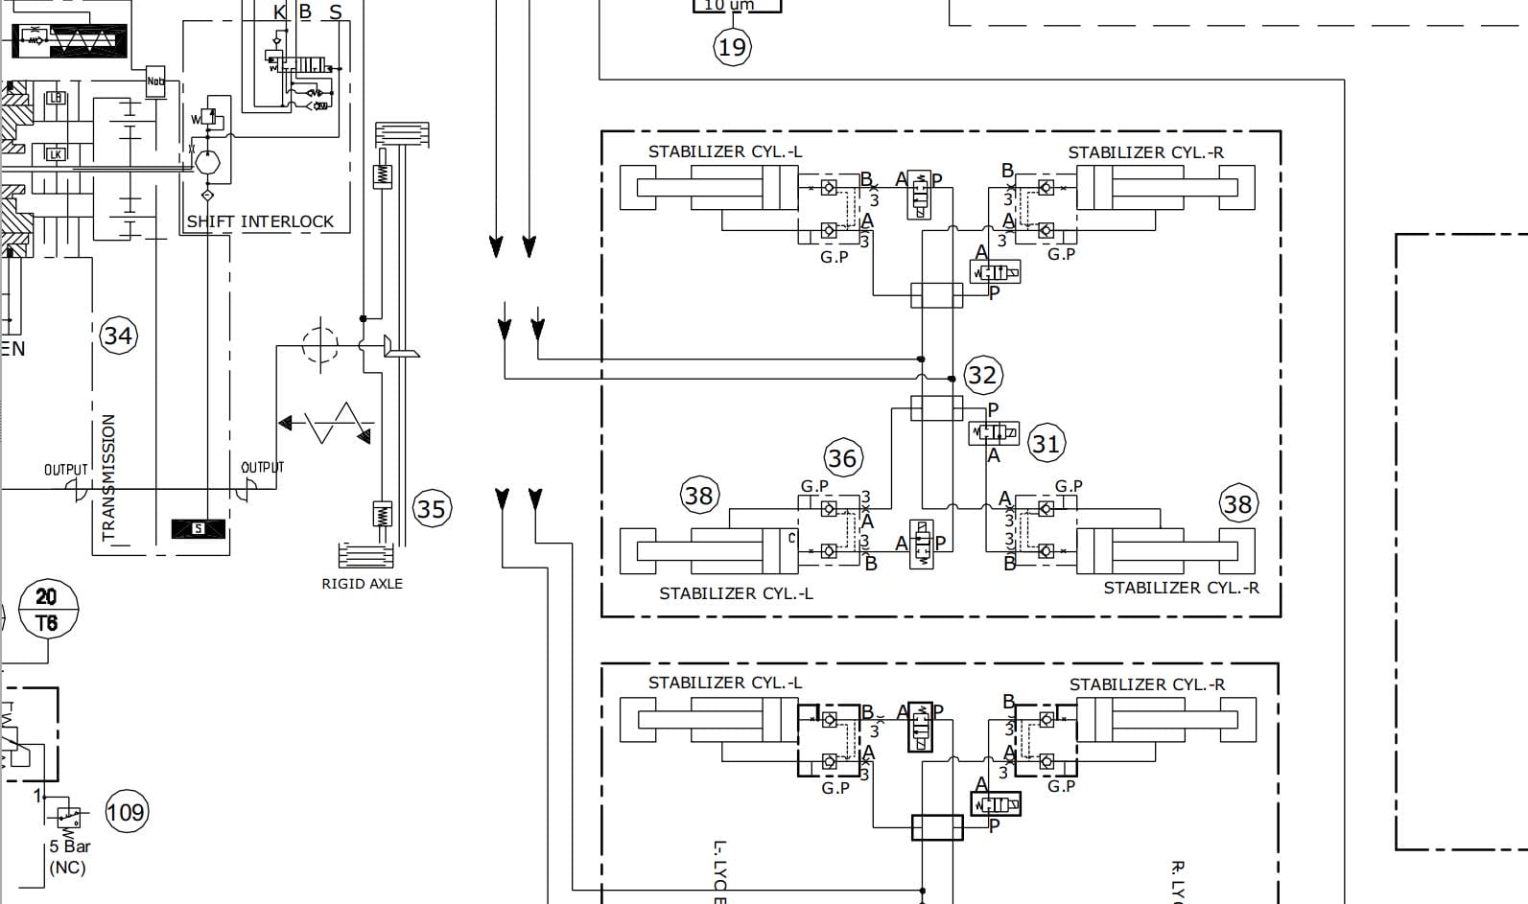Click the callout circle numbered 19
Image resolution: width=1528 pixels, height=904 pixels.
[x=732, y=46]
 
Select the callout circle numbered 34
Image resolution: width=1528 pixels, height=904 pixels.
[x=118, y=336]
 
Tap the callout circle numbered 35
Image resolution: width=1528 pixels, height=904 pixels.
[x=431, y=508]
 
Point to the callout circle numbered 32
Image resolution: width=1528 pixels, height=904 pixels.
[x=981, y=375]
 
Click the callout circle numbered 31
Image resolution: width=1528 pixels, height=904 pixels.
[x=1046, y=444]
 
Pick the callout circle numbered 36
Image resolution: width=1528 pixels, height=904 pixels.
[x=842, y=458]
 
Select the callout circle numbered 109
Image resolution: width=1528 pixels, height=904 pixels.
[x=126, y=813]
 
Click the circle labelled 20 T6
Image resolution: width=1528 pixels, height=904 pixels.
[x=46, y=610]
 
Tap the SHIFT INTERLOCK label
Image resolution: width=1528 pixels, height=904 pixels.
[x=260, y=221]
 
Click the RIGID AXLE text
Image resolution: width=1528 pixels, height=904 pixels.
[x=362, y=583]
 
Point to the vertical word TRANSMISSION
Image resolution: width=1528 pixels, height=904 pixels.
[x=108, y=476]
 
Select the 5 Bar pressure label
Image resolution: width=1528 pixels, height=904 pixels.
[x=70, y=846]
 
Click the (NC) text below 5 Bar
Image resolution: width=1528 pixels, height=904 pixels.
[x=67, y=868]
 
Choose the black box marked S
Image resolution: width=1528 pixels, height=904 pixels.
[x=199, y=528]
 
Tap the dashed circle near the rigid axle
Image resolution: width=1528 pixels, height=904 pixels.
[x=320, y=344]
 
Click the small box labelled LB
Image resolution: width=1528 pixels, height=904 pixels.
[x=56, y=99]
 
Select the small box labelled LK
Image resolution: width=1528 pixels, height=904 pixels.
[x=56, y=153]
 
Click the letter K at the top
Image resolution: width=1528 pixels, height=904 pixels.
[x=280, y=12]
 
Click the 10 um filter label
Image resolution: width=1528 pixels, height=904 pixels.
[x=730, y=5]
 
